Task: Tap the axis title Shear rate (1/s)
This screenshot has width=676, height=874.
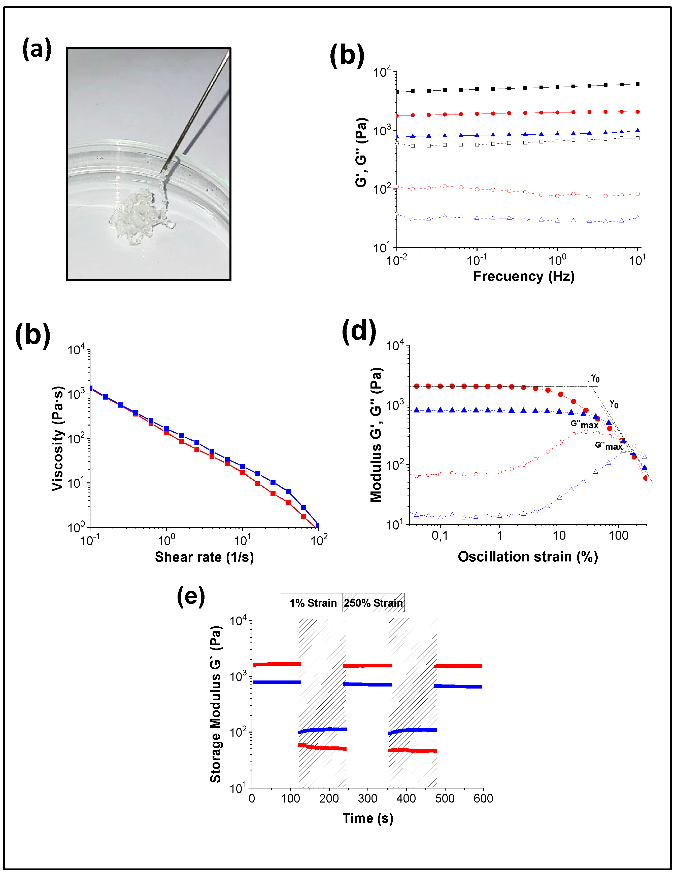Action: (204, 557)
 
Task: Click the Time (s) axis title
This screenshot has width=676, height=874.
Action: (368, 818)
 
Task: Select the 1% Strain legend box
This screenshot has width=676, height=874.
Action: (312, 603)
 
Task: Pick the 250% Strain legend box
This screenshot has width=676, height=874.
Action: (373, 603)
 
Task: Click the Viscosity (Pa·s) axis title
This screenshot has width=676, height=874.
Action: (58, 438)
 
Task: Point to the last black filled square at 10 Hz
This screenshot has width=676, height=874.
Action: (637, 84)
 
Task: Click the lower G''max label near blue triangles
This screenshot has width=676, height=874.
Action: (608, 446)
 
